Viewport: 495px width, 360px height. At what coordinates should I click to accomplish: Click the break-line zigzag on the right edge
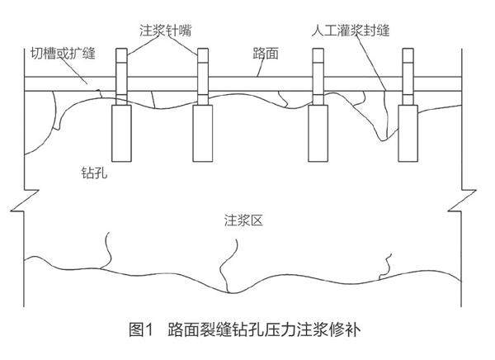469,206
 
